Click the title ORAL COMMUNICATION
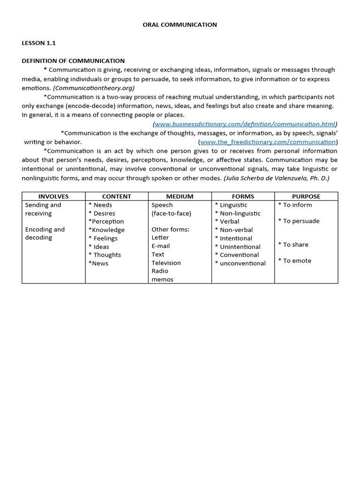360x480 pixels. click(180, 25)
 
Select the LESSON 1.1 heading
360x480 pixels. click(38, 43)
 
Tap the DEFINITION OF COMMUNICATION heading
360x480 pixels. click(73, 61)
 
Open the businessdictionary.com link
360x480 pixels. click(245, 124)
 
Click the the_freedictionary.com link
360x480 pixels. click(268, 142)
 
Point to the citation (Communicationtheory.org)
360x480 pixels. click(94, 88)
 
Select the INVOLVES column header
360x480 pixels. click(53, 196)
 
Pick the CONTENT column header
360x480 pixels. click(117, 196)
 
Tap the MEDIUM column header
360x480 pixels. click(180, 196)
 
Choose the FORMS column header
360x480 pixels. click(243, 196)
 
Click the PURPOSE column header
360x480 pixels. click(306, 196)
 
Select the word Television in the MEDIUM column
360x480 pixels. click(166, 263)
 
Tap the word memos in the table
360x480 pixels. click(162, 279)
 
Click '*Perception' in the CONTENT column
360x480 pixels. click(106, 221)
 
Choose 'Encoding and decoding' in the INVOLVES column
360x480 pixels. click(45, 233)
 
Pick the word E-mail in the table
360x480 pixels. click(161, 246)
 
